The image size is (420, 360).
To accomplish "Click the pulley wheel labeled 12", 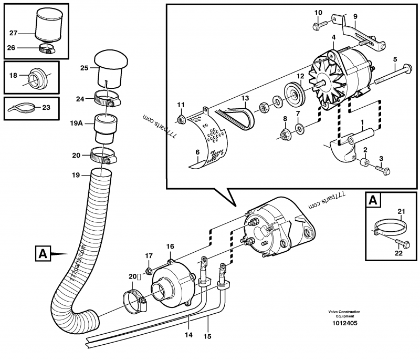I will (295, 95).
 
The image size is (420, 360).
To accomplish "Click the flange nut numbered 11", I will (181, 120).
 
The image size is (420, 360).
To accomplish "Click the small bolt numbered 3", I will (382, 169).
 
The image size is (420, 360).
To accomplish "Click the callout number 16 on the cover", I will (170, 246).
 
